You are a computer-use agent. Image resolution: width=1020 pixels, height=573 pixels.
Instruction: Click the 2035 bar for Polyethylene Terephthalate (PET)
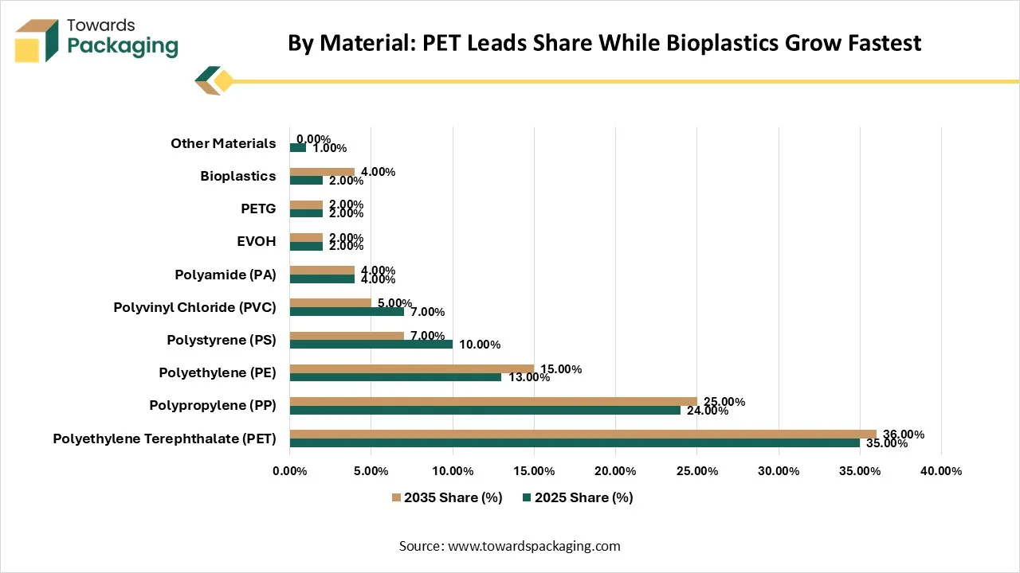(583, 435)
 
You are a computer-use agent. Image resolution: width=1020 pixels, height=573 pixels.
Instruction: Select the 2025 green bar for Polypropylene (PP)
(485, 410)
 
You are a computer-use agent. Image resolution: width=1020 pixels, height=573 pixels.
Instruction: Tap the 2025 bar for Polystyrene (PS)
(371, 345)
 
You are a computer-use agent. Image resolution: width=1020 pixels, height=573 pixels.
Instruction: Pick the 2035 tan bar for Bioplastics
(322, 172)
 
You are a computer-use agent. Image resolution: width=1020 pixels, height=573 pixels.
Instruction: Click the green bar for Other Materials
(298, 147)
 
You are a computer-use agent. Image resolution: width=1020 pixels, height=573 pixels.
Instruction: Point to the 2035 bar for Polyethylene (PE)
(412, 368)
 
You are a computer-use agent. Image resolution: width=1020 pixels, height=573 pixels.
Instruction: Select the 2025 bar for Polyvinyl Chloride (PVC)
(347, 311)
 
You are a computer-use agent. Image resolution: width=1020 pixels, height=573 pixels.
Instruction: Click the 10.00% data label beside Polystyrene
(480, 345)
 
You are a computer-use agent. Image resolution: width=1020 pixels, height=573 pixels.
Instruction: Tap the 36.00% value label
(904, 435)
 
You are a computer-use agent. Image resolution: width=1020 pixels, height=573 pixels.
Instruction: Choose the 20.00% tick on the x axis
(615, 471)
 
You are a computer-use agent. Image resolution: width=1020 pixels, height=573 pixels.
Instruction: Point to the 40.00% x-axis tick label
(941, 471)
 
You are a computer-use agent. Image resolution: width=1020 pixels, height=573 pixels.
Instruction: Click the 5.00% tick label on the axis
(371, 471)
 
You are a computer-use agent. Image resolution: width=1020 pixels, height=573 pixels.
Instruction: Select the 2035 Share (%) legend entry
(447, 497)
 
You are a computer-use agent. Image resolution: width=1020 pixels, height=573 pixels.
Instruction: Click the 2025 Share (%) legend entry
(578, 497)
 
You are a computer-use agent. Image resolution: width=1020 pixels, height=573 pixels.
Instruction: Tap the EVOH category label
(257, 241)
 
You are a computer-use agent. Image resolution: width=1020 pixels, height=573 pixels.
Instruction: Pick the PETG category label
(258, 209)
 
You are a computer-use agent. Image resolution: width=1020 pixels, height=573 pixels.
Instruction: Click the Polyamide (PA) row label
(226, 275)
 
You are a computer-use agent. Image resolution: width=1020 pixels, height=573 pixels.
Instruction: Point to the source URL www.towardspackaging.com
(534, 546)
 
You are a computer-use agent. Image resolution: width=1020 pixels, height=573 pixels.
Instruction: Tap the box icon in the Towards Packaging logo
(37, 41)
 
